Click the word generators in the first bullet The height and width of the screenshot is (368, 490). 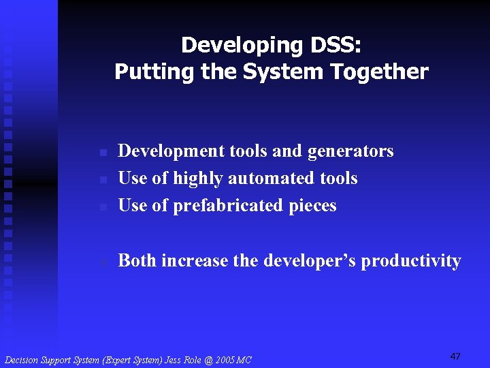(350, 151)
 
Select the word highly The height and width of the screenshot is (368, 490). (198, 179)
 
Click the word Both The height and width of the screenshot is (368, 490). (137, 260)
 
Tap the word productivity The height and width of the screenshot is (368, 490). (411, 261)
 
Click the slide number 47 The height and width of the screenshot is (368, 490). (455, 356)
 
